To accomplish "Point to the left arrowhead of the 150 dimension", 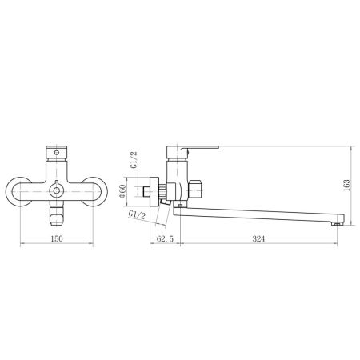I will click(19, 243).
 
